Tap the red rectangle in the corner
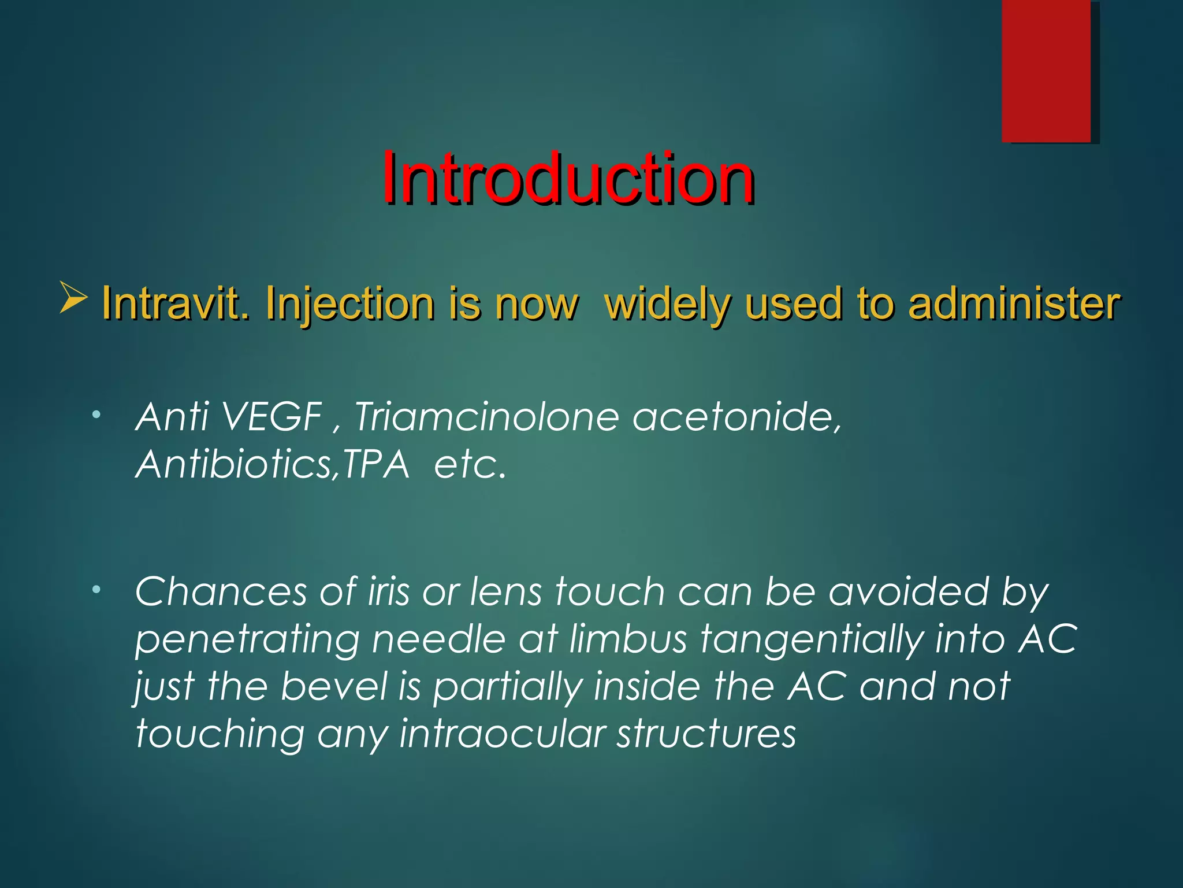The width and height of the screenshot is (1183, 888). pos(1046,71)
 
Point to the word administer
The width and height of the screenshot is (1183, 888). pos(1014,303)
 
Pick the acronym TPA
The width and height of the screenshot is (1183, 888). pos(376,464)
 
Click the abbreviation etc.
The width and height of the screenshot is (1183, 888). pos(470,464)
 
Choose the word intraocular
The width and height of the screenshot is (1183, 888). pos(502,734)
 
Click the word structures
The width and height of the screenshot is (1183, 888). pos(706,734)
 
